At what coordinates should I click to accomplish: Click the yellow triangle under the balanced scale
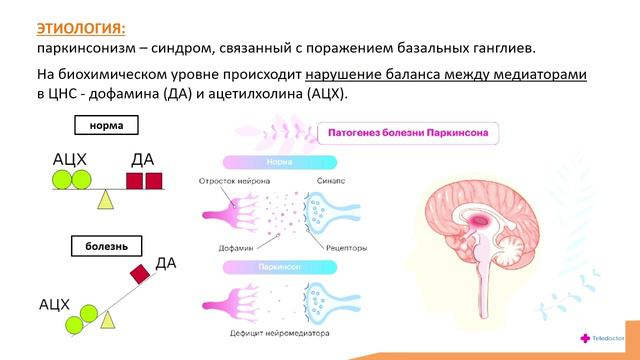click(x=104, y=199)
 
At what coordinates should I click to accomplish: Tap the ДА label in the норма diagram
click(x=143, y=160)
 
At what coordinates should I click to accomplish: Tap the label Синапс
click(x=331, y=181)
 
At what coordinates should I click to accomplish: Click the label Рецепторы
click(x=333, y=246)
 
